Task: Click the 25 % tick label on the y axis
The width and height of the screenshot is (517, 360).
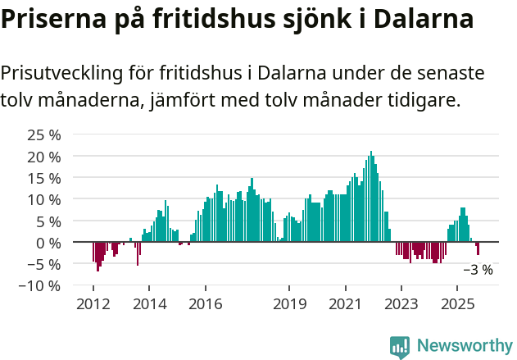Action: tap(44, 134)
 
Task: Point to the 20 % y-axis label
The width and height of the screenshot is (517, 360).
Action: tap(44, 156)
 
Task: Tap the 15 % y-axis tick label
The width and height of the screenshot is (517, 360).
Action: tap(44, 178)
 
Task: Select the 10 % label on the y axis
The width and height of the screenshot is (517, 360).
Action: tap(44, 199)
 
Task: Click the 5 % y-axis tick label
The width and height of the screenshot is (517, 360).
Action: tap(48, 221)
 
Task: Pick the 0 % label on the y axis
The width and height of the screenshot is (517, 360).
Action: tap(48, 243)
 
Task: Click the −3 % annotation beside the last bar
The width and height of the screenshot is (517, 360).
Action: tap(478, 269)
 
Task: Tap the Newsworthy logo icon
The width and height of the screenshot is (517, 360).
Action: tap(400, 347)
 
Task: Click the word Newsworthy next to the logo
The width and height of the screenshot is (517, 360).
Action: tap(465, 346)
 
